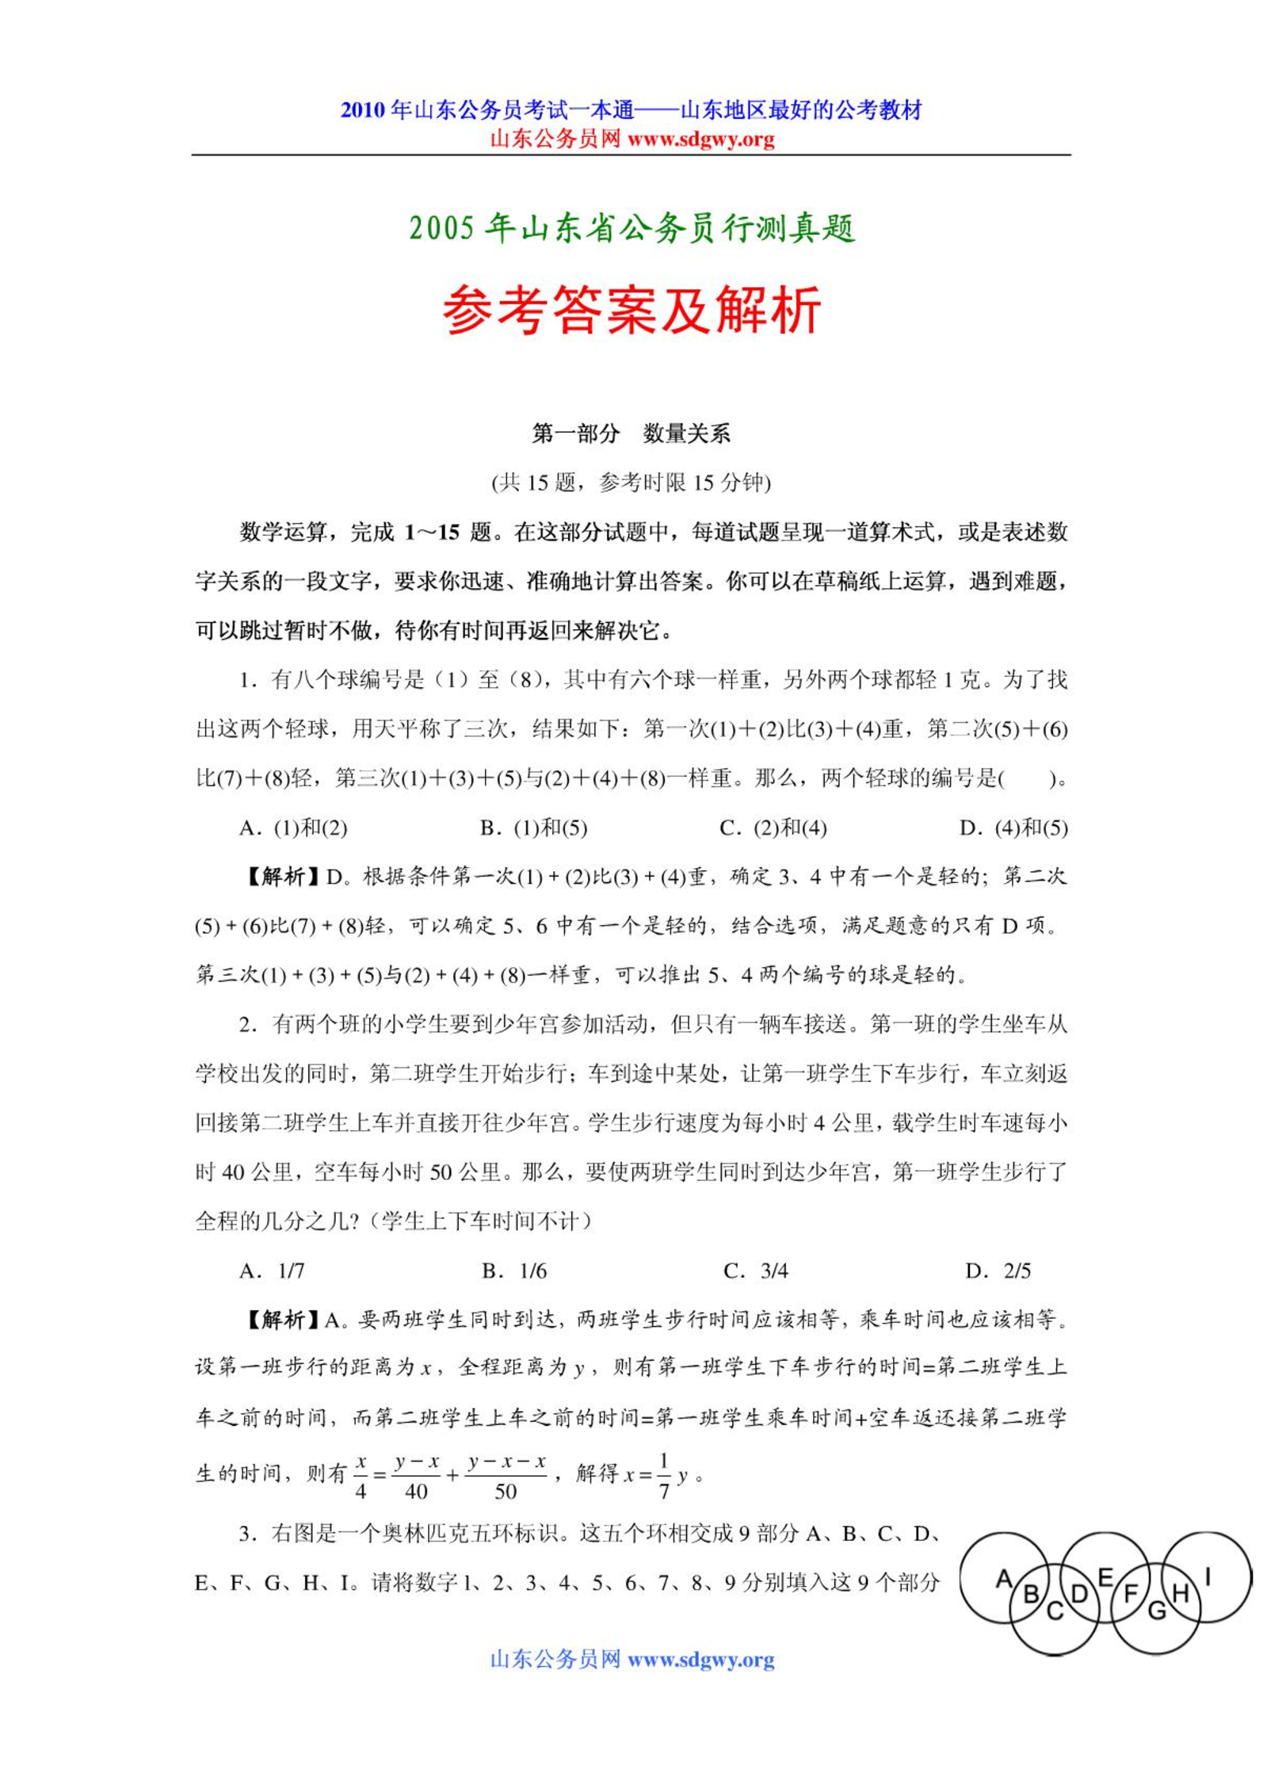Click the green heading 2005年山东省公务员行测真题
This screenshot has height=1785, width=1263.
631,228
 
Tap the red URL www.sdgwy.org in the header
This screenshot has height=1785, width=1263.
700,140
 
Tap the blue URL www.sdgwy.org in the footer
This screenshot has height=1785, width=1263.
700,1659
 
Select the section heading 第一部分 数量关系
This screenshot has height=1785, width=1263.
631,434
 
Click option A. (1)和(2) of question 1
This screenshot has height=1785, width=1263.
293,828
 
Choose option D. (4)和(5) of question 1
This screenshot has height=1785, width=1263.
1013,828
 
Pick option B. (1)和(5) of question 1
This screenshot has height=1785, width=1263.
533,828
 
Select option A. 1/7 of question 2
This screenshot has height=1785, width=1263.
272,1271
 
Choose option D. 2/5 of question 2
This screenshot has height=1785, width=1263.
998,1271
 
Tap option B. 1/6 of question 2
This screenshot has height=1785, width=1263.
514,1271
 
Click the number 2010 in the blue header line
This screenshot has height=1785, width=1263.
362,110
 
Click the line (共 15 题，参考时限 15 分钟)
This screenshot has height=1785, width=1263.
631,483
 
